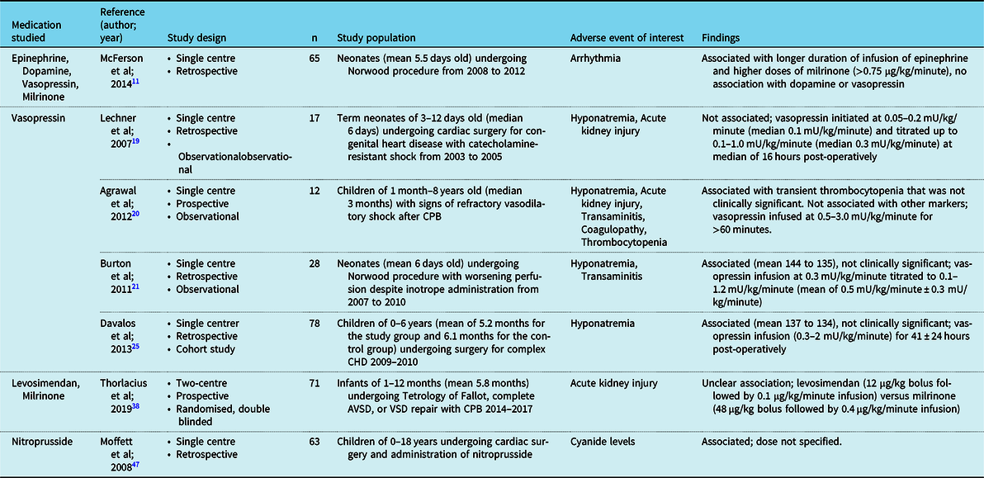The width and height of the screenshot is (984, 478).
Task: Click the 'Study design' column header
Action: click(196, 38)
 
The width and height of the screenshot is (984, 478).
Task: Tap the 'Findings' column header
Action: click(721, 38)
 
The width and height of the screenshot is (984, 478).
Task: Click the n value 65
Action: click(314, 59)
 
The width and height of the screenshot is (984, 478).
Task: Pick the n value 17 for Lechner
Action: click(314, 119)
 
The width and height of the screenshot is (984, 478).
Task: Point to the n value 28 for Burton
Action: click(314, 264)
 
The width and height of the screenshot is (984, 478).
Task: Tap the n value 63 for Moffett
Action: click(314, 442)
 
